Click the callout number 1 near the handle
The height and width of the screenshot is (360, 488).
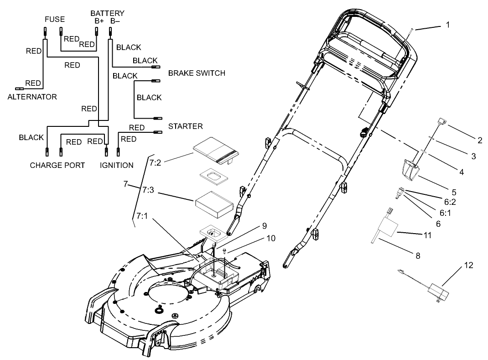pyautogui.click(x=447, y=25)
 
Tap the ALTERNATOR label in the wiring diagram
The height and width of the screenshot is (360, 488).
pyautogui.click(x=32, y=97)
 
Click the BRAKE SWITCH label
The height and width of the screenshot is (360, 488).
pyautogui.click(x=197, y=73)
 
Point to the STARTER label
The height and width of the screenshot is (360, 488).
pyautogui.click(x=185, y=126)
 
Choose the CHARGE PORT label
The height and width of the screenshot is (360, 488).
pyautogui.click(x=57, y=165)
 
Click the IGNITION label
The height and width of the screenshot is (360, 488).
pyautogui.click(x=117, y=165)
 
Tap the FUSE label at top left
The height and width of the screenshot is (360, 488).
pyautogui.click(x=54, y=20)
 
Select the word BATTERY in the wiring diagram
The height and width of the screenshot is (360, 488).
pyautogui.click(x=107, y=13)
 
